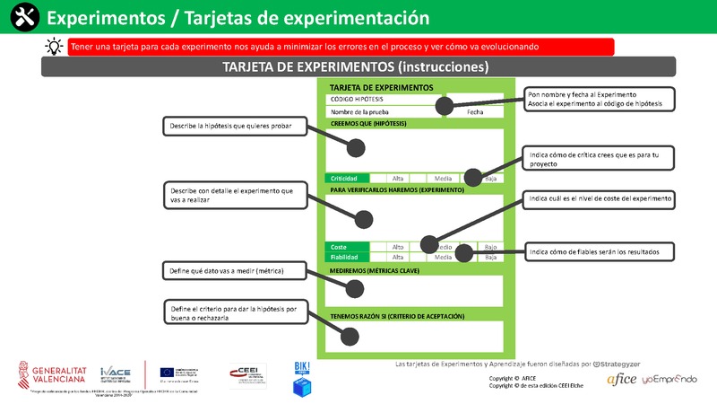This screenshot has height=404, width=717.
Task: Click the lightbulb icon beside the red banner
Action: coord(54,47)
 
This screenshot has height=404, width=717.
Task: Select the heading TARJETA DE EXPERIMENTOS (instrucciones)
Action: coord(357,67)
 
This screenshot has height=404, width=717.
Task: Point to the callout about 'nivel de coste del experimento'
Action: coord(599,198)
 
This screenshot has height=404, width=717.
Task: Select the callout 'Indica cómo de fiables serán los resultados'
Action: coord(599,252)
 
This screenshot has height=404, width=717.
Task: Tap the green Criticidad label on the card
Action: coord(347,178)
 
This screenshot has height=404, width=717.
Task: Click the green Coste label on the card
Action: coord(347,246)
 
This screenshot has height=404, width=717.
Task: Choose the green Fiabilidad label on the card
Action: coord(347,257)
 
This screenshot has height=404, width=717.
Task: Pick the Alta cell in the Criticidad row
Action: coord(399,178)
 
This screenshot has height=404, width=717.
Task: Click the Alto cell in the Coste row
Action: coord(399,246)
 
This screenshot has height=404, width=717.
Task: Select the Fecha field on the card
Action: coord(475,111)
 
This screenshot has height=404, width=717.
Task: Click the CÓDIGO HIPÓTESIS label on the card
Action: coord(358,99)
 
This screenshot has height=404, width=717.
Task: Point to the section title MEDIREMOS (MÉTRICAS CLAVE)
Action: coord(375,269)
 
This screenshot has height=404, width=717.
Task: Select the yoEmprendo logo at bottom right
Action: coord(669,380)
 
